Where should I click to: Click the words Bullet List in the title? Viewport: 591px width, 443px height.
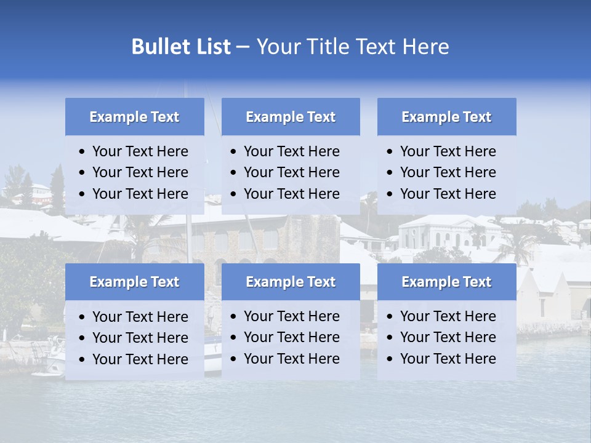pos(181,47)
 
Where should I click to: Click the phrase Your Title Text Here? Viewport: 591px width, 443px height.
pos(352,47)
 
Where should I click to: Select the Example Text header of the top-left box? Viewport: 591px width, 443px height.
pos(134,117)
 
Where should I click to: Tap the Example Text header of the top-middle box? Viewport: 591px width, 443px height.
pos(291,117)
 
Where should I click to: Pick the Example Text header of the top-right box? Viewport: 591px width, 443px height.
pos(446,117)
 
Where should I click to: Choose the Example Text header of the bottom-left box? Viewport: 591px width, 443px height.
pos(134,282)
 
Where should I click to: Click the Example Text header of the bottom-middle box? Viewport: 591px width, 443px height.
pos(291,282)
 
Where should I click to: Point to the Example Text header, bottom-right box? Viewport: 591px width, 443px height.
pos(446,282)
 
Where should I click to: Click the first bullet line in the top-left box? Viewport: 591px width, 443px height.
pos(140,151)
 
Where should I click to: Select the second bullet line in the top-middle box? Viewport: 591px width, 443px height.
pos(291,172)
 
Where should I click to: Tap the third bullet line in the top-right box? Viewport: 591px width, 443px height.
pos(448,194)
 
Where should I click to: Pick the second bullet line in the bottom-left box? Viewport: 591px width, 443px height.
pos(140,338)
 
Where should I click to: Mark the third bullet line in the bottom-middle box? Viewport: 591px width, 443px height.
pos(291,359)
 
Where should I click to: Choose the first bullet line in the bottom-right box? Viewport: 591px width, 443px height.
pos(448,316)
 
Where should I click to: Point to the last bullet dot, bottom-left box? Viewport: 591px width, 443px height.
pos(82,360)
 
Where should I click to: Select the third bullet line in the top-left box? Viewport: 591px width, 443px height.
pos(140,194)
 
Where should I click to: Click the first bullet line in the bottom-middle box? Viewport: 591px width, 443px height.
pos(291,316)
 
